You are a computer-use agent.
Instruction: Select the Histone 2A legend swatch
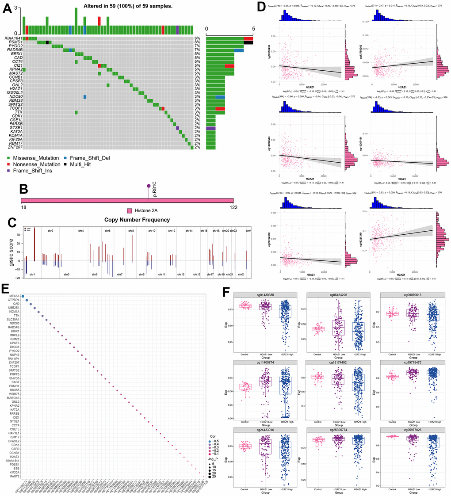point(130,211)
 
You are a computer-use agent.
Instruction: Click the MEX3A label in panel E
point(14,296)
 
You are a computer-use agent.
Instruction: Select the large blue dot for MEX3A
point(23,297)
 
